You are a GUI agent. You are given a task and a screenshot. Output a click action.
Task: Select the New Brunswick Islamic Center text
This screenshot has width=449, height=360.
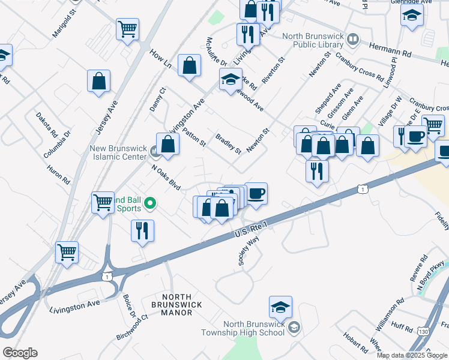[x=118, y=152]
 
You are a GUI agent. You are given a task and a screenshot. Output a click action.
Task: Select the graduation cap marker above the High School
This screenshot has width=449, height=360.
[x=280, y=308]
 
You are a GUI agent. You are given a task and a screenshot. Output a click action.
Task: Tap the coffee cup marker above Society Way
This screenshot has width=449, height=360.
[x=256, y=194]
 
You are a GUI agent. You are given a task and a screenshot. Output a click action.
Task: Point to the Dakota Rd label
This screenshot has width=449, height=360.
[x=46, y=124]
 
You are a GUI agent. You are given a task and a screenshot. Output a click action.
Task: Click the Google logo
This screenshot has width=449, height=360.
[x=20, y=353]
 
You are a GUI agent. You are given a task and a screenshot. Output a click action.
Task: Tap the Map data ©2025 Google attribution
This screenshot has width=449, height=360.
[x=412, y=355]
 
